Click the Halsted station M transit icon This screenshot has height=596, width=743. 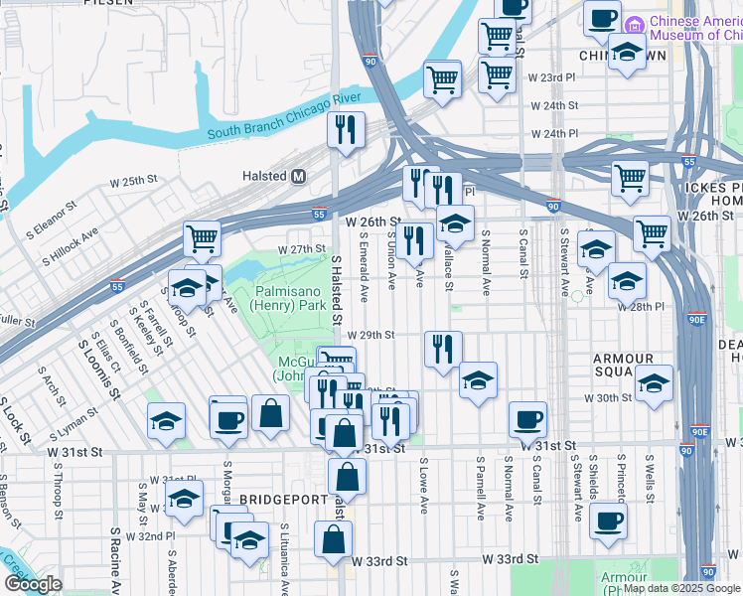tap(297, 176)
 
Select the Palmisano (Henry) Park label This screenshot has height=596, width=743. tap(290, 298)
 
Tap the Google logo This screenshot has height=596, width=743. tap(33, 584)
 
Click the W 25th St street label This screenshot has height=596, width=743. tap(134, 182)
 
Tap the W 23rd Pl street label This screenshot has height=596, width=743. tap(551, 76)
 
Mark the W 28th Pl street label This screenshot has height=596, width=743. tap(640, 308)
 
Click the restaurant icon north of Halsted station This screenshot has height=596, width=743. tap(346, 130)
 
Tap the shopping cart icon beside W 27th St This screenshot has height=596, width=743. tap(202, 239)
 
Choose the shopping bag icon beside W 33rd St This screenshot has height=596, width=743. tap(334, 539)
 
